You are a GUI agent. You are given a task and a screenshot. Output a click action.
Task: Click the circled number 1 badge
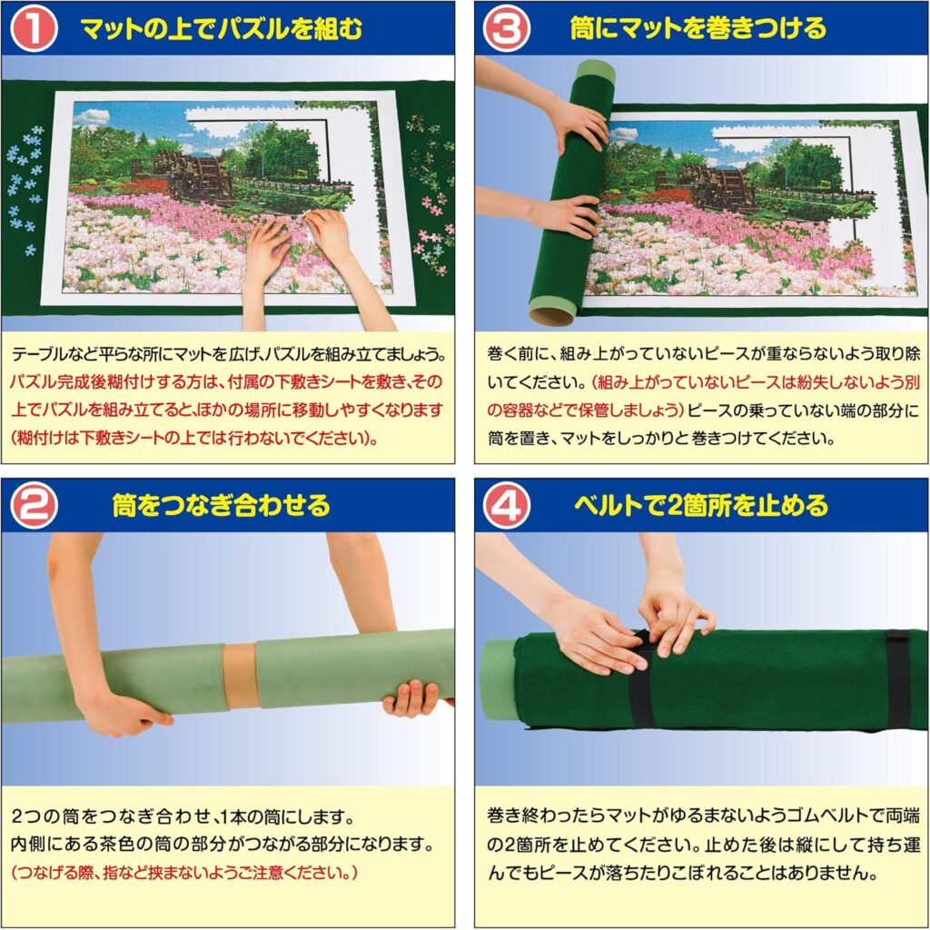[34, 28]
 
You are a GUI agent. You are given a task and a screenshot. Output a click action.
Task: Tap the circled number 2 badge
[34, 506]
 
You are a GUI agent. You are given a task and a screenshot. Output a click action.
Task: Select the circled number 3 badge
[506, 28]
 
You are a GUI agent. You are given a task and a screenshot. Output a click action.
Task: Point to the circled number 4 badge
[506, 506]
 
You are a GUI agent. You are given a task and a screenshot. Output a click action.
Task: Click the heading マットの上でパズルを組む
[222, 28]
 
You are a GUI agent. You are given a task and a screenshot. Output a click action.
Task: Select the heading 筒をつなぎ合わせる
[222, 505]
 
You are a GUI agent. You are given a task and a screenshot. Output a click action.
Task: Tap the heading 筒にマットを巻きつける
[697, 28]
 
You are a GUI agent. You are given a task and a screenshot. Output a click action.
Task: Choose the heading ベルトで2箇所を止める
[700, 505]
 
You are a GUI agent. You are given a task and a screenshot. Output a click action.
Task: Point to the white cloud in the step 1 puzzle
[92, 116]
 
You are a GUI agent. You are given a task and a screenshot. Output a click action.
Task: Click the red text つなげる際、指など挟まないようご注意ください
[184, 873]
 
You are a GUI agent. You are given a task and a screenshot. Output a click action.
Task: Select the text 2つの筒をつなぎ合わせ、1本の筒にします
[183, 817]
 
